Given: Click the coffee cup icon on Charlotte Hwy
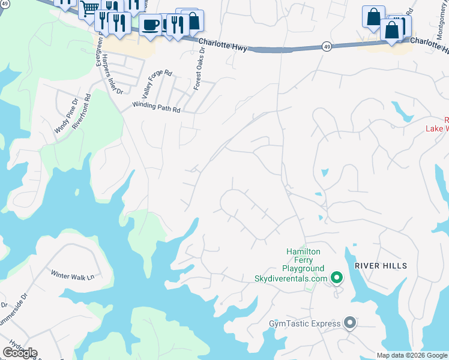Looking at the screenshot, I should (x=150, y=25).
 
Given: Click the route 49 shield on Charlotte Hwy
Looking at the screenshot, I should (x=326, y=46).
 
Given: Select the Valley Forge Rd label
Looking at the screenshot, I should (x=155, y=85).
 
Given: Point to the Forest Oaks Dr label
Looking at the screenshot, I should (x=199, y=70).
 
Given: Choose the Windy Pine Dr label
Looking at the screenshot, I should (x=67, y=116).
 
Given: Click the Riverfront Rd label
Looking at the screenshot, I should (x=82, y=111).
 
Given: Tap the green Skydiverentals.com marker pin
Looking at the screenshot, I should (x=337, y=277).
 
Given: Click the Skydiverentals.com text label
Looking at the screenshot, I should (x=291, y=278).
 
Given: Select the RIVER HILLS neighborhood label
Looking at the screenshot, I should (x=381, y=266).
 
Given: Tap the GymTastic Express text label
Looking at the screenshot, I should (x=304, y=324).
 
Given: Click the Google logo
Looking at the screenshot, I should (x=20, y=353).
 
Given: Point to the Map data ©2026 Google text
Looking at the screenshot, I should (x=412, y=355).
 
